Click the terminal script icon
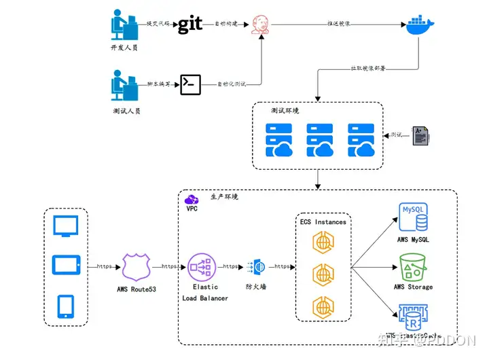coord(190,84)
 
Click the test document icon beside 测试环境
coord(421,135)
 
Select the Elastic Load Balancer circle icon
coord(202,266)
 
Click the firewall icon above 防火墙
coord(259,266)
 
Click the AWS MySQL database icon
coord(414,217)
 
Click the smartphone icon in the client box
coord(66,306)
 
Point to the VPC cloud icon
coord(192,199)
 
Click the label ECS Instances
coord(323,221)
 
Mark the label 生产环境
coord(224,196)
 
